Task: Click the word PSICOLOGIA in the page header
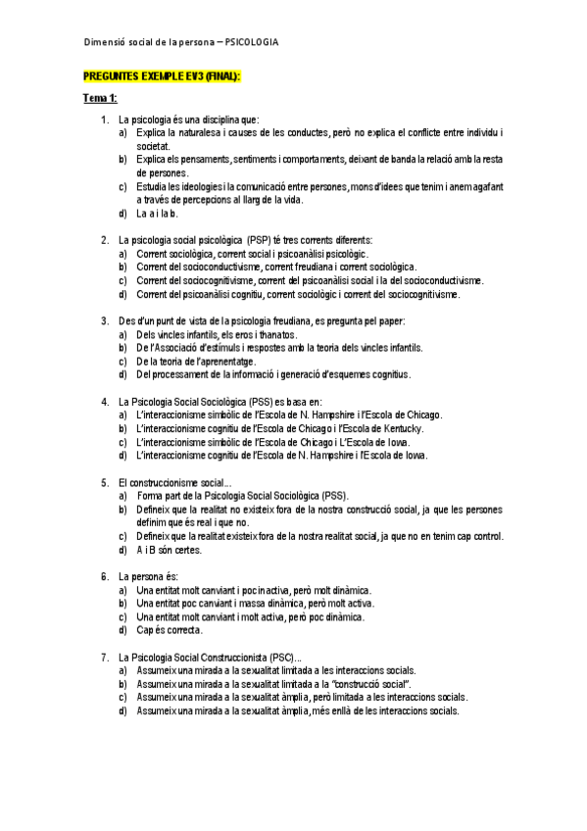pyautogui.click(x=252, y=42)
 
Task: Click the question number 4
pyautogui.click(x=104, y=401)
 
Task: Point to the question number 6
pyautogui.click(x=104, y=576)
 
